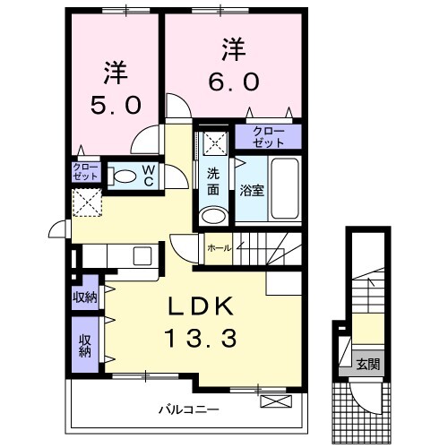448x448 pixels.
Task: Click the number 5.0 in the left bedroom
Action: pos(114,105)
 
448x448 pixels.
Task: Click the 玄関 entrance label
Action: pos(367,364)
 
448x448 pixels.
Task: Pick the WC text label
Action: pos(149,175)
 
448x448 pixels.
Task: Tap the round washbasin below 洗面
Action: pos(213,215)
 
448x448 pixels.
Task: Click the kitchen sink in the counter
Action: pos(144,256)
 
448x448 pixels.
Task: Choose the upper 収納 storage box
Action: pos(86,297)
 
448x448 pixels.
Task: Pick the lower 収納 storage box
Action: pos(86,345)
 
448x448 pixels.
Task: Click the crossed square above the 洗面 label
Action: pos(213,141)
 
